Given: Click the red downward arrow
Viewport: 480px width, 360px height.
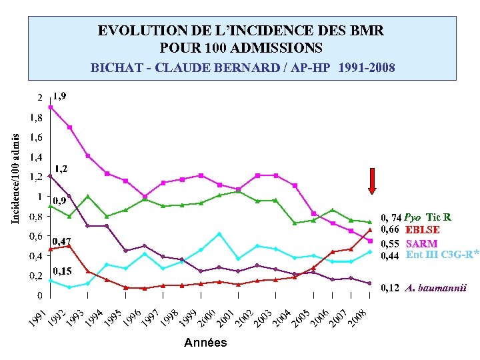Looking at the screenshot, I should (x=372, y=181).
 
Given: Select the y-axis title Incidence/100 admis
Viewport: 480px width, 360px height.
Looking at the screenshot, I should (x=15, y=177).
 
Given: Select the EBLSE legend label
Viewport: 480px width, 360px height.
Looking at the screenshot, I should (x=422, y=231).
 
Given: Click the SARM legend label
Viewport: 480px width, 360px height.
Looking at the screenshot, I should (x=421, y=243).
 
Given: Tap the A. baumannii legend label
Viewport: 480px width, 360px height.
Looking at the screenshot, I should (x=435, y=288).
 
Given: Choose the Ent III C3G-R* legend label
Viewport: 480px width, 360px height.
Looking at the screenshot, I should (x=442, y=255).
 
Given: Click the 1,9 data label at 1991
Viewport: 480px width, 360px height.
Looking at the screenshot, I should (x=60, y=96).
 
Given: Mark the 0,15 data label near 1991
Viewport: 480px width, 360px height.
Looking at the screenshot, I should (x=63, y=271).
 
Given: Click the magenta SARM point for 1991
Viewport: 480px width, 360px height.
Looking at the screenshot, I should (x=50, y=107).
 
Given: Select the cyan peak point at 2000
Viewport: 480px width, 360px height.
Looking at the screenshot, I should (x=219, y=234).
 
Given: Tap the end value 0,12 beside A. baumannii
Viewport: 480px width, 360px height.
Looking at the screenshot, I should (x=389, y=288).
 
